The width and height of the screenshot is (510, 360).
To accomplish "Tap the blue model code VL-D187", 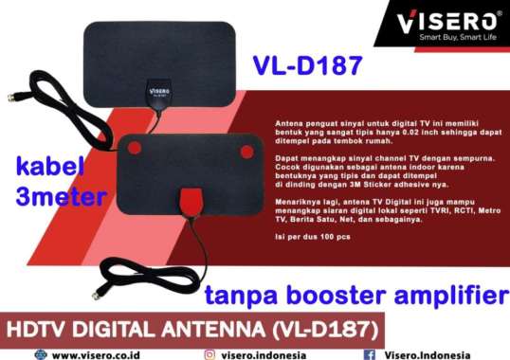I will click(x=308, y=66).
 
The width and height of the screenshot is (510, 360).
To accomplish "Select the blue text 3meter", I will click(x=57, y=198).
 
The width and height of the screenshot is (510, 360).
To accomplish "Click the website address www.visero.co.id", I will click(x=104, y=353).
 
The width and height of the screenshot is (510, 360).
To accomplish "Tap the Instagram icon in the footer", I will click(x=210, y=353).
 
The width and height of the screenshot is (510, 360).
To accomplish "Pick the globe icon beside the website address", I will click(x=39, y=353).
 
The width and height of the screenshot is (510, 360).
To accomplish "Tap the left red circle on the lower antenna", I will click(x=135, y=148).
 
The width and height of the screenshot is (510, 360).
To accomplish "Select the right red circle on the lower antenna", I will click(x=246, y=151).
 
